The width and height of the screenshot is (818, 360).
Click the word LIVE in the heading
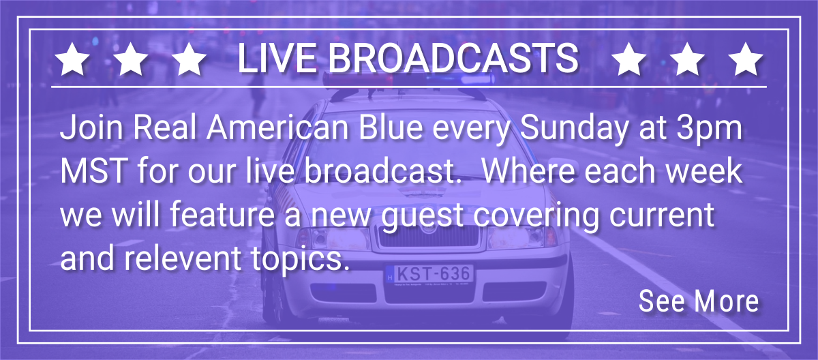[x=277, y=59]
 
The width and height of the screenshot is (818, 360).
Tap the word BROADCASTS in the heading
[x=453, y=59]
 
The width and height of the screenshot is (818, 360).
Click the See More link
[x=699, y=301]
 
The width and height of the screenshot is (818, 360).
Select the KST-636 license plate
[x=429, y=273]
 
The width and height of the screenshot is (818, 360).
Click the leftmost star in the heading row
[x=72, y=59]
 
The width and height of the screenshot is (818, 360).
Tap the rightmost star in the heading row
[x=745, y=59]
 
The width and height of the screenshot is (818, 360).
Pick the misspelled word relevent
[x=183, y=258]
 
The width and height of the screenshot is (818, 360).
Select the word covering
[x=536, y=216]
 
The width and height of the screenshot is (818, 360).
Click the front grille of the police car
[x=428, y=237]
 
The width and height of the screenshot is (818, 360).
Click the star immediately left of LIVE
[x=189, y=59]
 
